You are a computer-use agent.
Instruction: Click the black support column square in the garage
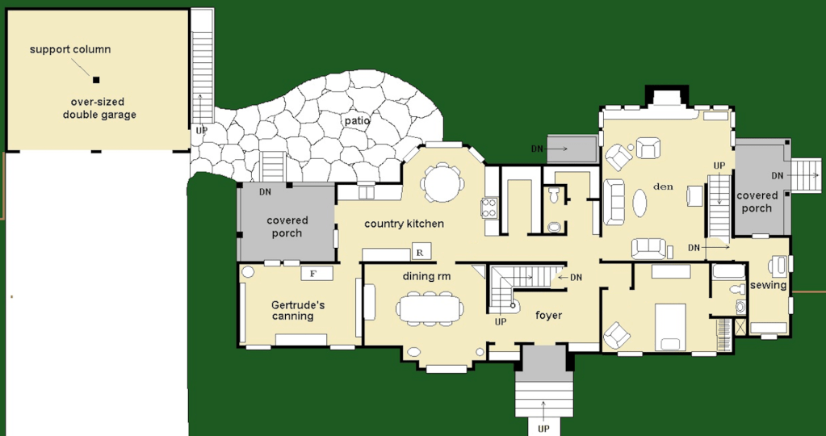click(x=96, y=80)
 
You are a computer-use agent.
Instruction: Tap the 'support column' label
click(x=70, y=50)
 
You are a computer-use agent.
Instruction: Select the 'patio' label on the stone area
click(x=357, y=120)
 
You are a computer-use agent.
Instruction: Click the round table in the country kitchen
click(x=442, y=182)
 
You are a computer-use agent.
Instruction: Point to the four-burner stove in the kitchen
click(x=489, y=208)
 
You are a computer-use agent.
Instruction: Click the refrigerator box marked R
click(x=421, y=251)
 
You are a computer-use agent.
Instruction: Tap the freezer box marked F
click(x=317, y=273)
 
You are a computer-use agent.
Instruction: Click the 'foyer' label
click(x=548, y=316)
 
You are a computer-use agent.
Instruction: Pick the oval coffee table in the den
click(x=639, y=203)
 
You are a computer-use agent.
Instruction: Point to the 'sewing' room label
click(x=768, y=285)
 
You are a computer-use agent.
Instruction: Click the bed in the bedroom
click(x=670, y=327)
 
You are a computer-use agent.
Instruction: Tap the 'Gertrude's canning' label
click(x=294, y=310)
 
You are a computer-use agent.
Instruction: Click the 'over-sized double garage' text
click(x=99, y=108)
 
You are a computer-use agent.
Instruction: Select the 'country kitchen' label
click(x=404, y=224)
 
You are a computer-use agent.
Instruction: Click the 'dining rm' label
click(x=426, y=276)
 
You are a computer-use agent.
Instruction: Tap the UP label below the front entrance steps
click(x=543, y=429)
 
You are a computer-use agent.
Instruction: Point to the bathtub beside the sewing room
click(x=728, y=271)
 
